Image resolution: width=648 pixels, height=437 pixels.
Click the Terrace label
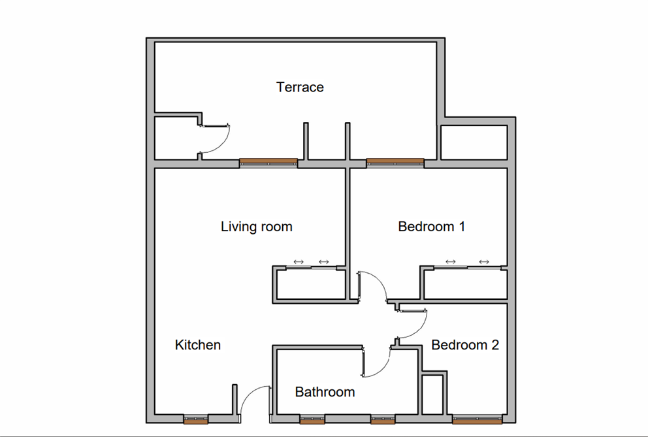point(300,87)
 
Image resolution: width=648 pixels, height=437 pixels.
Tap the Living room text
point(256,227)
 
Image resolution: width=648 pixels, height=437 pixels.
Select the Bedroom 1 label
point(431,227)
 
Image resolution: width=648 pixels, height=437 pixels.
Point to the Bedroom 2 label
point(465,345)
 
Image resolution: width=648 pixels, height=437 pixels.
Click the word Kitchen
point(198,345)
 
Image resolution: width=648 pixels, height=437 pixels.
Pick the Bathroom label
point(325,392)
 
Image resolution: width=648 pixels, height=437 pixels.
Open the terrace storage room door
point(216,138)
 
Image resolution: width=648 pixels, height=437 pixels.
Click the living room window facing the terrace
point(268,161)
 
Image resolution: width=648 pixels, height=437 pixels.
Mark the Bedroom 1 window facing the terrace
point(395,161)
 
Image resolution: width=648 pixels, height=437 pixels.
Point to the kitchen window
point(195,419)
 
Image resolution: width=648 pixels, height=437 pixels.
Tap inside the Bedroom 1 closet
point(464,285)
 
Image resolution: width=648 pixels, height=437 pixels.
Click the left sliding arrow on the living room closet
point(299,262)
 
